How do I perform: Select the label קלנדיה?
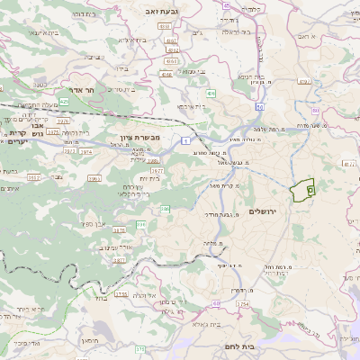point(253,9)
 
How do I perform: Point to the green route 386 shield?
point(165,209)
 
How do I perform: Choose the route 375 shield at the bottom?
point(139,348)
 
